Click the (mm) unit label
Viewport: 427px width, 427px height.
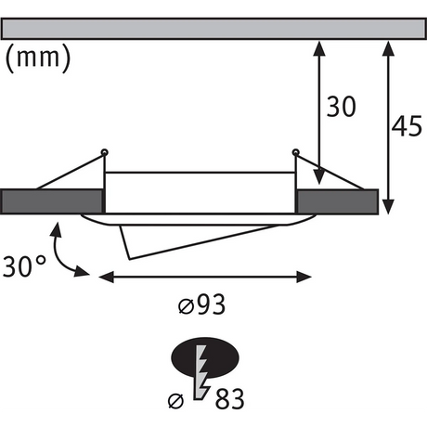coord(38,58)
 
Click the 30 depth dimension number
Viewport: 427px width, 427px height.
coord(342,107)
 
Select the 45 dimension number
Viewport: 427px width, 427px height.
coord(407,126)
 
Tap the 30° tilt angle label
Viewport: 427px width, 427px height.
coord(24,266)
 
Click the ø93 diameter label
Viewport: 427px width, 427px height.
coord(201,304)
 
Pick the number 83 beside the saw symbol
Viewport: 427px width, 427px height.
coord(229,399)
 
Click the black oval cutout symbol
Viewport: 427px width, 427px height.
coord(205,357)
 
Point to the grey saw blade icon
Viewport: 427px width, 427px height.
coord(201,372)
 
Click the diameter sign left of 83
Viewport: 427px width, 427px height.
coord(175,401)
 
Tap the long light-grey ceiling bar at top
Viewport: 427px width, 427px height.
coord(213,29)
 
